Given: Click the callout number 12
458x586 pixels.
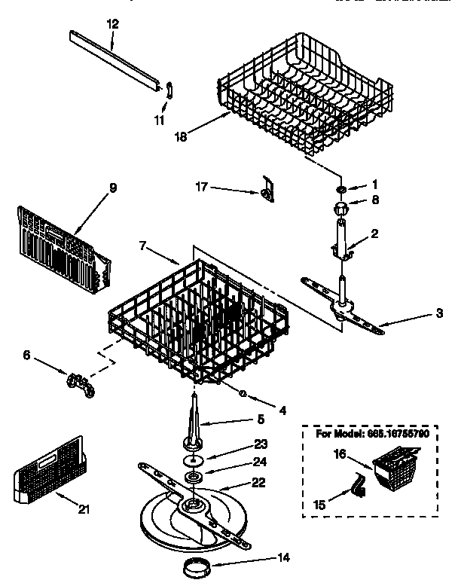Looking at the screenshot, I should [112, 24].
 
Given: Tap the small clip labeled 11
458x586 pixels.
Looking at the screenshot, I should [168, 89].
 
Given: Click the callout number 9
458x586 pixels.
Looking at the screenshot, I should [112, 188].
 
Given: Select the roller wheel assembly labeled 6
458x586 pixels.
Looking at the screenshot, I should [79, 383].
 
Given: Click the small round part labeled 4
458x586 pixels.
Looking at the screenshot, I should [243, 394].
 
